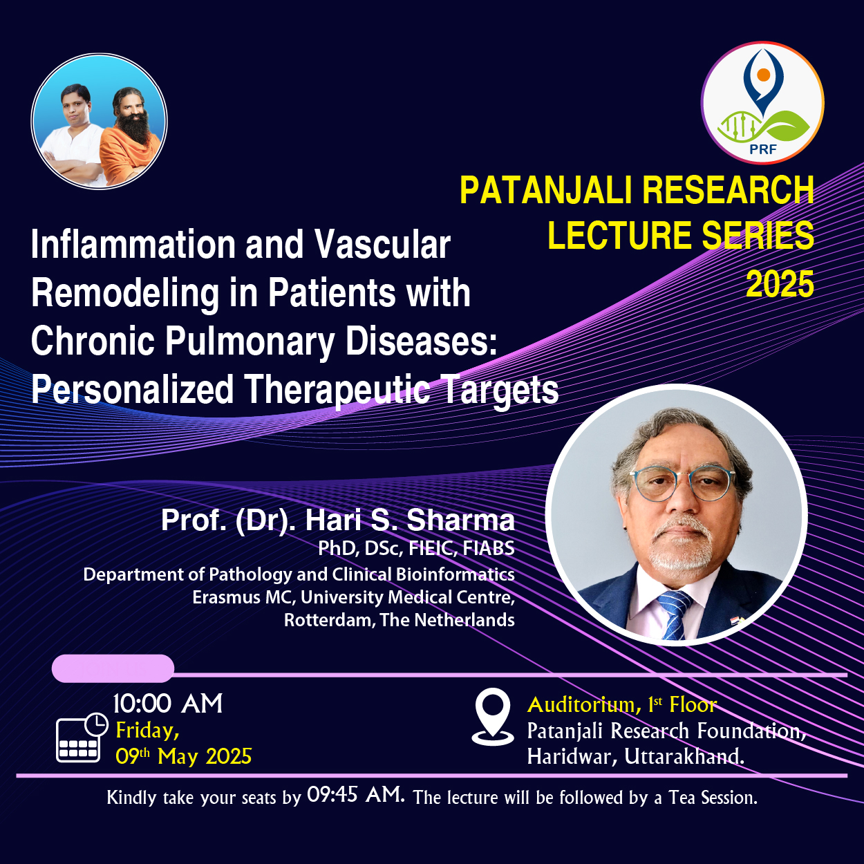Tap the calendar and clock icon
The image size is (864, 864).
[82, 737]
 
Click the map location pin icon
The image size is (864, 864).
[493, 717]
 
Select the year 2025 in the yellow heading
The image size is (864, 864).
[780, 284]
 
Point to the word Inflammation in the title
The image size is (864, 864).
[133, 245]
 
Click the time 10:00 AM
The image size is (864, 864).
[168, 704]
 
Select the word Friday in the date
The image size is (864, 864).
[147, 731]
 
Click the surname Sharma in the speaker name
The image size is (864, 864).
[460, 520]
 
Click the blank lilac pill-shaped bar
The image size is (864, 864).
[113, 668]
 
